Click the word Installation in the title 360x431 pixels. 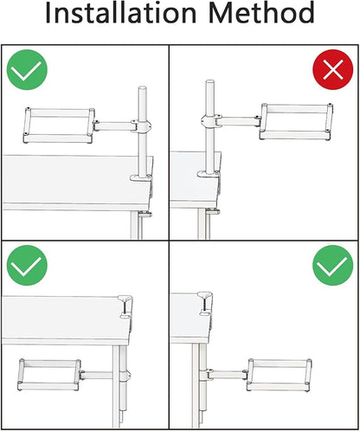point(121,12)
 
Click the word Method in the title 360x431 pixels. point(261,12)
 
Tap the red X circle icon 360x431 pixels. point(333,69)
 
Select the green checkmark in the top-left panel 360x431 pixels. point(27,69)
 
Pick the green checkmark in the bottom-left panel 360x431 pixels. point(27,266)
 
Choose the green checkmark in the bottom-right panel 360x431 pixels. point(333,266)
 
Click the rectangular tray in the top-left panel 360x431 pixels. point(59,125)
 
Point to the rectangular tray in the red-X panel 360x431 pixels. point(296,121)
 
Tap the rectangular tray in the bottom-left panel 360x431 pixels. point(48,375)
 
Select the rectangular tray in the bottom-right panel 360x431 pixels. point(279,375)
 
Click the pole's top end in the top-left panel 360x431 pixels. point(143,88)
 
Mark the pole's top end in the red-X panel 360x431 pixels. point(210,82)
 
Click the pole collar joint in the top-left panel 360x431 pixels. point(141,125)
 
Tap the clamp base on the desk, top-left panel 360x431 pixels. point(141,177)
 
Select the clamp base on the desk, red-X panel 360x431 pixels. point(209,174)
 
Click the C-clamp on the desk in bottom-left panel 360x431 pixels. point(126,307)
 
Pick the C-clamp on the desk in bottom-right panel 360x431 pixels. point(206,304)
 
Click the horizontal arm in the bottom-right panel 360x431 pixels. point(227,375)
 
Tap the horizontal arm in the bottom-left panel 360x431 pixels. point(96,375)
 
